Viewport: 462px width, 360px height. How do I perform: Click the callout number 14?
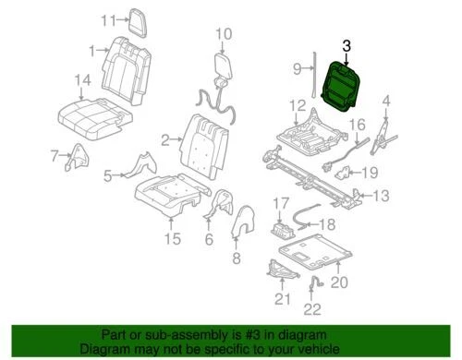click(x=84, y=80)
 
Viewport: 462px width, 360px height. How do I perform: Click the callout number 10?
click(x=222, y=36)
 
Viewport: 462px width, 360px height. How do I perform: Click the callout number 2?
click(x=164, y=140)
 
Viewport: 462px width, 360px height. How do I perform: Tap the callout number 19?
click(x=370, y=173)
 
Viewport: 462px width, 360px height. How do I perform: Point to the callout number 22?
click(x=315, y=309)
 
